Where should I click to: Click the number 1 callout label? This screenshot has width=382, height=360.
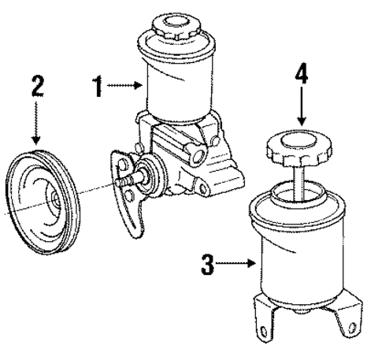tap(98, 87)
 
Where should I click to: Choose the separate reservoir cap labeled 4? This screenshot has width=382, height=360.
tap(297, 146)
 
